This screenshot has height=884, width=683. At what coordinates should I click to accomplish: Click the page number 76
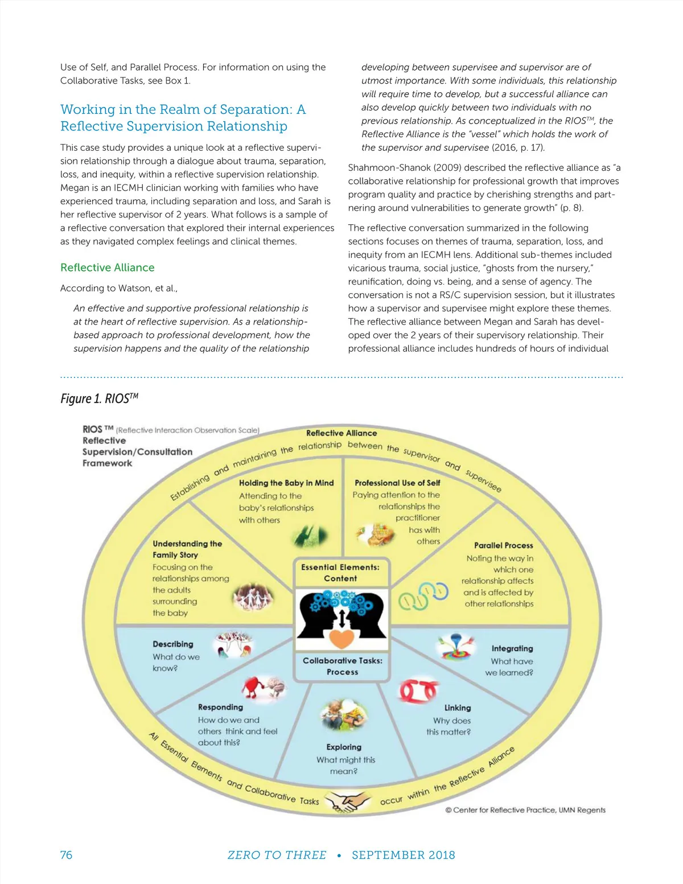pyautogui.click(x=66, y=855)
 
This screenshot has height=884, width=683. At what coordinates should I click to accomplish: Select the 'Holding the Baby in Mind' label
pyautogui.click(x=286, y=483)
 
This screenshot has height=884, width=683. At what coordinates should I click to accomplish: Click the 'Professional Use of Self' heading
pyautogui.click(x=397, y=483)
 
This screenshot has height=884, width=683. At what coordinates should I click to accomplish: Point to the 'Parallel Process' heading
pyautogui.click(x=503, y=545)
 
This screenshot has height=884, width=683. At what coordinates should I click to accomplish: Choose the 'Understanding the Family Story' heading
pyautogui.click(x=187, y=549)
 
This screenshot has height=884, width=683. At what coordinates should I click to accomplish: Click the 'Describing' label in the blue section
pyautogui.click(x=173, y=644)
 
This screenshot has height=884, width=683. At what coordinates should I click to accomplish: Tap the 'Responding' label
pyautogui.click(x=220, y=707)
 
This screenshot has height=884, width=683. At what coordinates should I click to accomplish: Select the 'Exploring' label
pyautogui.click(x=344, y=747)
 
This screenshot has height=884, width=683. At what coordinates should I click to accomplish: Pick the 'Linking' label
pyautogui.click(x=458, y=708)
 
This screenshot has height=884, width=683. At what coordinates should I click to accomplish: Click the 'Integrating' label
pyautogui.click(x=512, y=648)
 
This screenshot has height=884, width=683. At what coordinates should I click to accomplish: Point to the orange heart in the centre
pyautogui.click(x=342, y=638)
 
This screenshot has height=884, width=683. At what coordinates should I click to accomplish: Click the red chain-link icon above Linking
pyautogui.click(x=418, y=690)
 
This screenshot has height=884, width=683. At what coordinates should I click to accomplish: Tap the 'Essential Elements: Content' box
pyautogui.click(x=340, y=573)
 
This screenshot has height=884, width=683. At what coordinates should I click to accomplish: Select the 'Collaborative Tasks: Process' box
pyautogui.click(x=342, y=666)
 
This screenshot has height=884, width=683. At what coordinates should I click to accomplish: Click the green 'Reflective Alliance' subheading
pyautogui.click(x=107, y=268)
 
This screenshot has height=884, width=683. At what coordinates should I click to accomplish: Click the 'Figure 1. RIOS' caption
pyautogui.click(x=99, y=398)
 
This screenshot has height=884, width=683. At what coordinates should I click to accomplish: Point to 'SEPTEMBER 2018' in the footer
pyautogui.click(x=403, y=855)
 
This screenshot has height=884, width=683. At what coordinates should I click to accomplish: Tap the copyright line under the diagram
pyautogui.click(x=525, y=810)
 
